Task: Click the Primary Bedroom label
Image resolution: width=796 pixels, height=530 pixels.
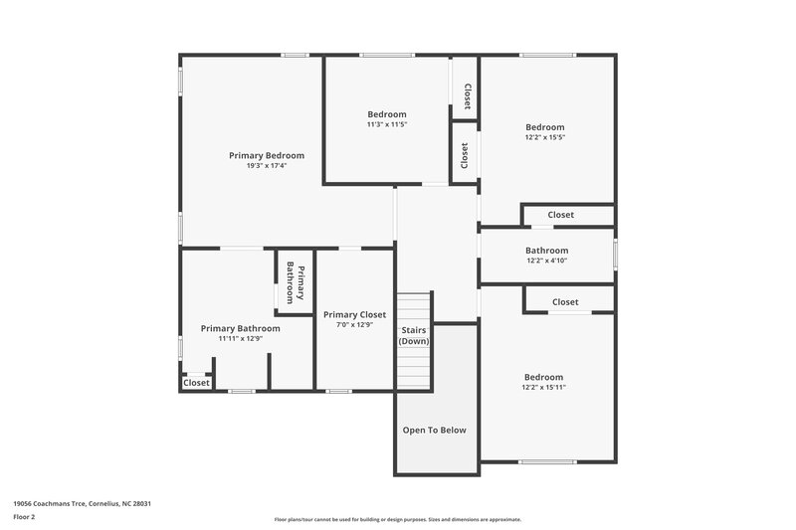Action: tap(267, 155)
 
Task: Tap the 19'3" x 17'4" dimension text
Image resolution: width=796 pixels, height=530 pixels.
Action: tap(267, 166)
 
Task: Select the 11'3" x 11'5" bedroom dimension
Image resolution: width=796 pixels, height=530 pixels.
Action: tap(387, 124)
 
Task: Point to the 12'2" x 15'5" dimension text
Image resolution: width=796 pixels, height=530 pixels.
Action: tap(545, 137)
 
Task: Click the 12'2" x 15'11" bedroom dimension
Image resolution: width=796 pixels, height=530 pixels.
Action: tap(545, 388)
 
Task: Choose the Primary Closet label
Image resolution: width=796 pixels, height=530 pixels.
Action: tap(354, 314)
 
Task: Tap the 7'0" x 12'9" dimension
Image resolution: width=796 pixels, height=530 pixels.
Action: tap(354, 325)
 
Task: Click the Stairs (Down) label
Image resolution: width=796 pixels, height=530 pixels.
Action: tap(414, 335)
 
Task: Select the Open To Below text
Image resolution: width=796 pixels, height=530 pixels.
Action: tap(434, 431)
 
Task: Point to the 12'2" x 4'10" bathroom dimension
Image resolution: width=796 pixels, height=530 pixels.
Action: tap(547, 261)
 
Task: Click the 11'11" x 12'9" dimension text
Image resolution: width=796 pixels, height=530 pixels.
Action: tap(240, 338)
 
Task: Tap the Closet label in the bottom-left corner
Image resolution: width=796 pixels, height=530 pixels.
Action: tap(196, 383)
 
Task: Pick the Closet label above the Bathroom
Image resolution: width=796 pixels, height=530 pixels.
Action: tap(561, 215)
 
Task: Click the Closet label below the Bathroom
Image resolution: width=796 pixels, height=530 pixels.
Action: tap(565, 301)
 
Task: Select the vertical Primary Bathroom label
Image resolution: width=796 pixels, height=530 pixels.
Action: tap(296, 282)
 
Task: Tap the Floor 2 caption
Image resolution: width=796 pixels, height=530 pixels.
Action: tap(24, 518)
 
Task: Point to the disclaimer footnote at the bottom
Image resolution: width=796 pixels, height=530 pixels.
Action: tap(397, 519)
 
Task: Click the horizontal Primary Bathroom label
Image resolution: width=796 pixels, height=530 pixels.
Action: tap(240, 328)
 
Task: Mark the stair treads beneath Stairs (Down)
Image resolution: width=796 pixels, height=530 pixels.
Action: tap(414, 368)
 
